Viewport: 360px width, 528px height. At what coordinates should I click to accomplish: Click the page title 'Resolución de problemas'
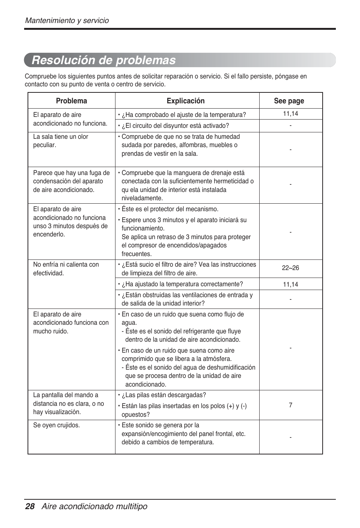tap(104, 60)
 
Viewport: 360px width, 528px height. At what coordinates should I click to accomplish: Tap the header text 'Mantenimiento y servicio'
tap(67, 21)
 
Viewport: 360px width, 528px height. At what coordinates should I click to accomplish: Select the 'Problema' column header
tap(71, 101)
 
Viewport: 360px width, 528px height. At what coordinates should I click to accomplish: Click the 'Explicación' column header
tap(186, 101)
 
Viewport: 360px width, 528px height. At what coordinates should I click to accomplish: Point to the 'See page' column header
tap(289, 101)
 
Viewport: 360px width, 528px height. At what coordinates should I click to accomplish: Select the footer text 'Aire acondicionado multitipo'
tap(94, 507)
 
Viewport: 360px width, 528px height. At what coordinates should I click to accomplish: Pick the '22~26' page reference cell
tap(290, 268)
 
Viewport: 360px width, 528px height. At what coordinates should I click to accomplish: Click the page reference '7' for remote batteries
tap(290, 405)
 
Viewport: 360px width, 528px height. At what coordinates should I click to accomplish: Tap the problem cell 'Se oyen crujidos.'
tap(57, 425)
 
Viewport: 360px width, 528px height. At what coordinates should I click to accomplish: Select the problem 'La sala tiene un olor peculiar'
tap(60, 141)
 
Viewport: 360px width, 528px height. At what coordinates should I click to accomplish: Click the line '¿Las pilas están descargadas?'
tap(163, 395)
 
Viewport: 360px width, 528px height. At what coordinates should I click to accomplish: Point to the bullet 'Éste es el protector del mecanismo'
tap(170, 209)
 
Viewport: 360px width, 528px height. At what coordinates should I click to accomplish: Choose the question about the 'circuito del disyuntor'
tap(175, 126)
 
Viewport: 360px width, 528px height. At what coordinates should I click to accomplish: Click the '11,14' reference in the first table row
tap(290, 114)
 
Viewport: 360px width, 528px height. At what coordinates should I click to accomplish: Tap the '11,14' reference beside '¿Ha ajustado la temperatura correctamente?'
tap(290, 284)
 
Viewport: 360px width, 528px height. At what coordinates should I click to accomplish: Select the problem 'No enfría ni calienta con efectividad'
tap(66, 269)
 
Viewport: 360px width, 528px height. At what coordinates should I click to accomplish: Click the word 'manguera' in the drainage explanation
tap(175, 173)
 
